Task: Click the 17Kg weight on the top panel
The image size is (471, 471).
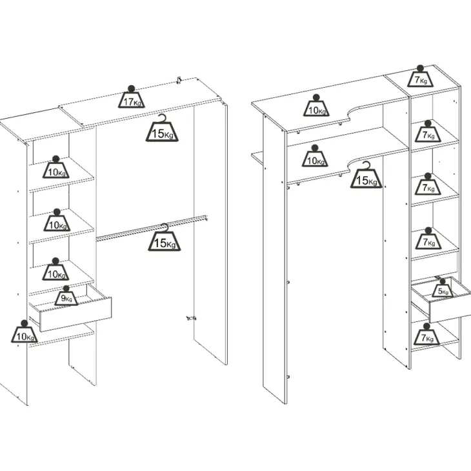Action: point(131,97)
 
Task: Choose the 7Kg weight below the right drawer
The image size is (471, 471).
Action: point(427,334)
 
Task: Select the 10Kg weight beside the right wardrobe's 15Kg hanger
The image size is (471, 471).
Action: point(315,156)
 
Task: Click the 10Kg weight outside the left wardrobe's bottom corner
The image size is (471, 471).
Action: point(25,332)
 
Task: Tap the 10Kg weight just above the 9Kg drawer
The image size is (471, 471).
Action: point(56,269)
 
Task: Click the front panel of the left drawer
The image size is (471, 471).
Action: point(75,315)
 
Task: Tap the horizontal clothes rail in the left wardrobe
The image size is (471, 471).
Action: point(152,228)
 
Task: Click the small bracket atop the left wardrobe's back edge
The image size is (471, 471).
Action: point(179,80)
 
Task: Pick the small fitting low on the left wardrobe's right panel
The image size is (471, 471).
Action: point(191,318)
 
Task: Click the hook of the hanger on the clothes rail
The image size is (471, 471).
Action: point(165,227)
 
